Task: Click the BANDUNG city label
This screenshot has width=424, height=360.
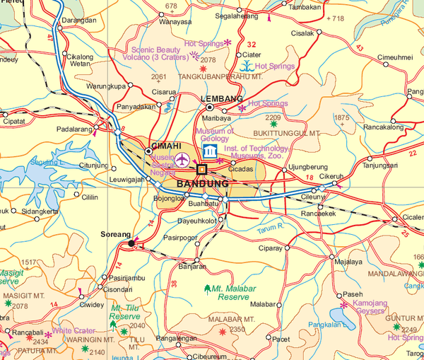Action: click(x=202, y=184)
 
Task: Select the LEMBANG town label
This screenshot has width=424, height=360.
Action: click(x=222, y=99)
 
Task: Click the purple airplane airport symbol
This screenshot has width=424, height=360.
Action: click(x=183, y=159)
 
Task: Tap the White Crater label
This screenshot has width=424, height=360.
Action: click(x=73, y=330)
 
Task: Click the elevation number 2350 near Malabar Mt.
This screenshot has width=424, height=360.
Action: click(x=237, y=330)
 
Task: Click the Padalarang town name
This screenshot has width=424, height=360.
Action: click(x=76, y=130)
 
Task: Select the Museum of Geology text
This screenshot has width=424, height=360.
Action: click(x=216, y=134)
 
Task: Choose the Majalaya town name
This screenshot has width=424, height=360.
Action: click(x=348, y=262)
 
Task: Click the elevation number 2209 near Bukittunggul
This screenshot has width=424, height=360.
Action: click(x=273, y=117)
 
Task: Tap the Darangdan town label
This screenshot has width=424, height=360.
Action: click(x=79, y=21)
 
